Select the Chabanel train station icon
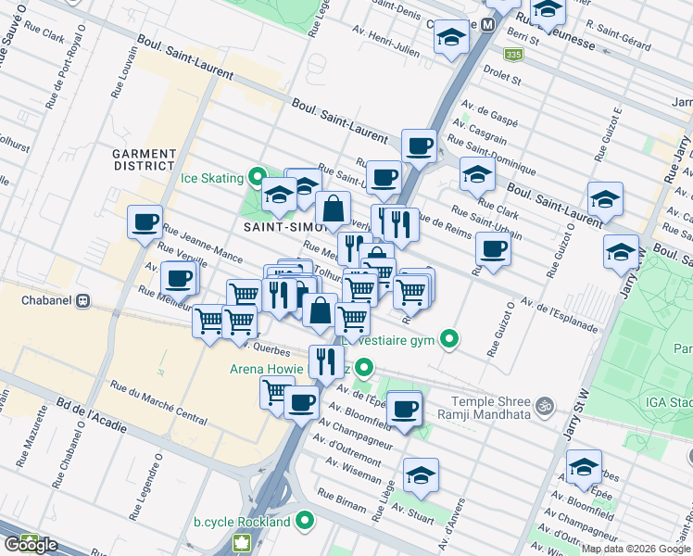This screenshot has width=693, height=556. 82,300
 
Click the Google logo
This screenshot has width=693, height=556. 31,545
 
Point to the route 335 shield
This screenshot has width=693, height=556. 514,57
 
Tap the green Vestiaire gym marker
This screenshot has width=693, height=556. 450,339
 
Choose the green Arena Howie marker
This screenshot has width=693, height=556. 365,370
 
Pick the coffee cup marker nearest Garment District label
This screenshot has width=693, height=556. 145,222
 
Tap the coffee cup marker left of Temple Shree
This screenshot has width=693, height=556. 403,409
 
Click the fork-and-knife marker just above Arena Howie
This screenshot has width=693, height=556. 325,360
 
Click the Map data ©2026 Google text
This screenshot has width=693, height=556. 636,549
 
